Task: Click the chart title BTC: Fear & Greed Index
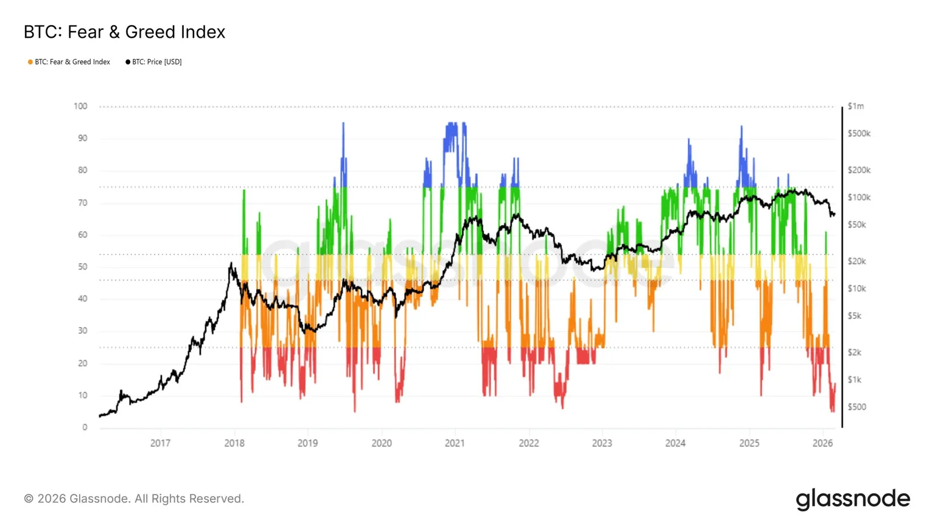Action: pos(124,32)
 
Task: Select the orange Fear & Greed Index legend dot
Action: pos(30,62)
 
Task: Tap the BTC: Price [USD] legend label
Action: pos(156,62)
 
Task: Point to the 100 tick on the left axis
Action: pos(80,106)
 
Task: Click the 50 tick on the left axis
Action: pos(82,267)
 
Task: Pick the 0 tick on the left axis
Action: pos(85,427)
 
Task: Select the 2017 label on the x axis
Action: pos(160,443)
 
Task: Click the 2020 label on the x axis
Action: pos(382,443)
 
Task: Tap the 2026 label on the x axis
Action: pos(822,443)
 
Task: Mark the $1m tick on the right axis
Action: pos(855,106)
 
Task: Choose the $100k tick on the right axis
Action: pos(859,197)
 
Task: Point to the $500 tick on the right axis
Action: pos(856,407)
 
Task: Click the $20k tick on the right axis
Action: pos(856,261)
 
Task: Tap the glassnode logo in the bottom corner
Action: pos(853,499)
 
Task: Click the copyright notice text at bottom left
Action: pos(134,499)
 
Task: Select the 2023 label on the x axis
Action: pos(602,443)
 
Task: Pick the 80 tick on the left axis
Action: pos(82,170)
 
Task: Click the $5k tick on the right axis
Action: pos(854,316)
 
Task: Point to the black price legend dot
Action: pos(128,62)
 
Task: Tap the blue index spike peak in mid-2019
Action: pos(343,124)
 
